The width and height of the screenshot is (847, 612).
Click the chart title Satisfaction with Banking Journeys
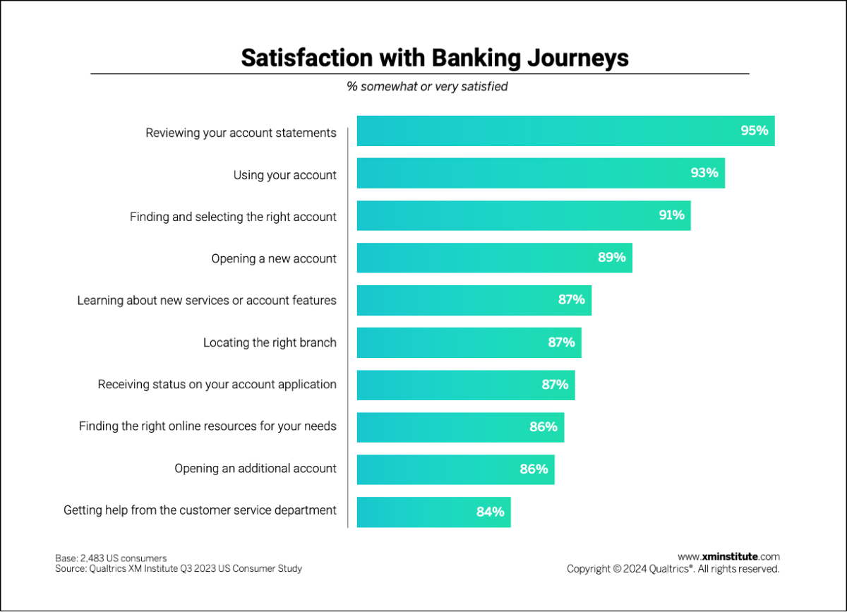[434, 57]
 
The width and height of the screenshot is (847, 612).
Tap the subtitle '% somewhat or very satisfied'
[427, 87]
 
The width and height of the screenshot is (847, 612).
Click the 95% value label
[754, 131]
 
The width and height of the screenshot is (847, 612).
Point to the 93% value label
[704, 173]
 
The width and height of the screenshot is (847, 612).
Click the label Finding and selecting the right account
[233, 217]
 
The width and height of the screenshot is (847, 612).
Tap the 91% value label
[671, 215]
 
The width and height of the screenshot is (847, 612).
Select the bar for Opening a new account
[480, 258]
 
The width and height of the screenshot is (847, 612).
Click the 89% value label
[611, 258]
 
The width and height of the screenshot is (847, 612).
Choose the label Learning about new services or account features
[207, 301]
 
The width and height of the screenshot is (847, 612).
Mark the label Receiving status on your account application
[217, 385]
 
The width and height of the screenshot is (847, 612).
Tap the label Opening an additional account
[256, 469]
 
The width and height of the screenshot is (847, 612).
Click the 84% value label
[490, 512]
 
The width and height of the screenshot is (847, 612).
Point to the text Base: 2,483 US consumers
[111, 558]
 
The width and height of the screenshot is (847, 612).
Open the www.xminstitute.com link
[728, 557]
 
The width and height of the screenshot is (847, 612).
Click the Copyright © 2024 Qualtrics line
[673, 568]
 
